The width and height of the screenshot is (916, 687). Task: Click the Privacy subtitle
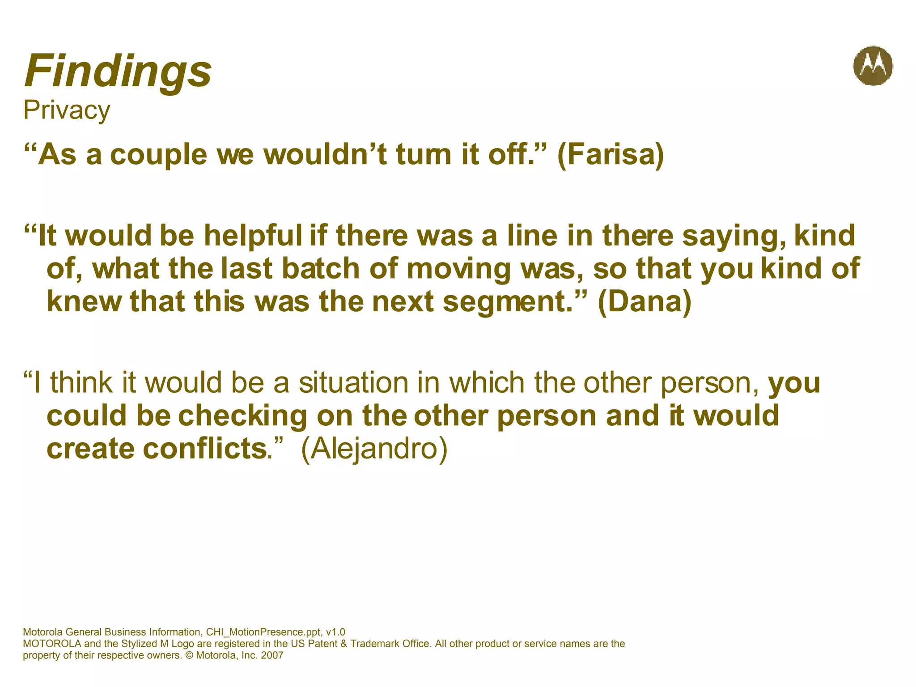(x=67, y=110)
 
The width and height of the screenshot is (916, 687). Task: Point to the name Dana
(x=645, y=302)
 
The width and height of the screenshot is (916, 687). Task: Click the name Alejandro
(x=374, y=449)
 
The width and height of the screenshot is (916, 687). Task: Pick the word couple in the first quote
(x=159, y=156)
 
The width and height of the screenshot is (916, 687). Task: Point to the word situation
(x=353, y=383)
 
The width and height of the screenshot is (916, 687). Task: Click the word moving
(x=459, y=270)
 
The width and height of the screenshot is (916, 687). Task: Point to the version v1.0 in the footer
(x=335, y=632)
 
